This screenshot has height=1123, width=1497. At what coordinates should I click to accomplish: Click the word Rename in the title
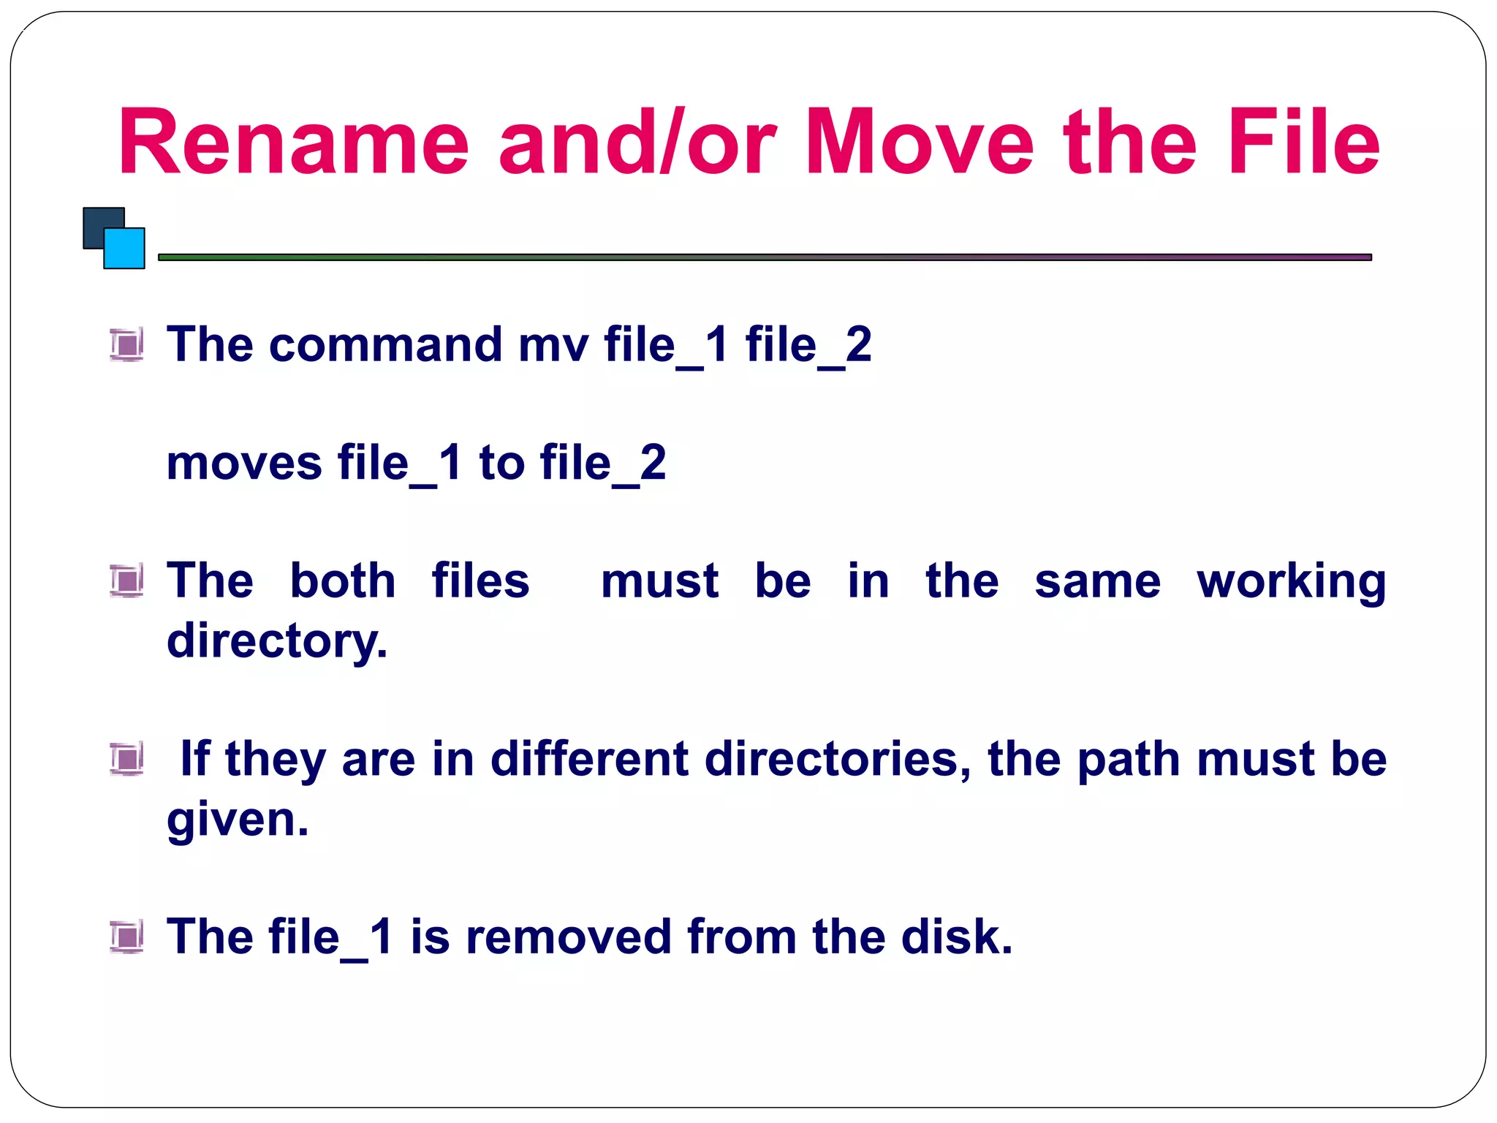click(x=292, y=143)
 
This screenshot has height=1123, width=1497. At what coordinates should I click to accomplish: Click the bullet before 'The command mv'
click(x=126, y=344)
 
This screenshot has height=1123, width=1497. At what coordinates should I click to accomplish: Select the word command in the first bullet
click(x=385, y=344)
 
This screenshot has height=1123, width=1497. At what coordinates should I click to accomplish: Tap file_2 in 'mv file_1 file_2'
click(x=808, y=346)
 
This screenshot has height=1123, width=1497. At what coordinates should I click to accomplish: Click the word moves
click(x=244, y=464)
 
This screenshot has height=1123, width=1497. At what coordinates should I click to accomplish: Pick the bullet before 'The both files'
click(x=126, y=581)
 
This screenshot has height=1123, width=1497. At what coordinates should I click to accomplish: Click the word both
click(x=342, y=581)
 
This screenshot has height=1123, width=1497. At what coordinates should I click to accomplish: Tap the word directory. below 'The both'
click(x=276, y=641)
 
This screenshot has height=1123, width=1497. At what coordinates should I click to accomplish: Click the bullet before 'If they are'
click(x=126, y=758)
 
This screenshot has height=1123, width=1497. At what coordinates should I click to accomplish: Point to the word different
click(x=589, y=758)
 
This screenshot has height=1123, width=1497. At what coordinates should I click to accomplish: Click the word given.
click(x=238, y=820)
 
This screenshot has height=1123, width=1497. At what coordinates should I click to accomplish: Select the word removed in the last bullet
click(x=568, y=937)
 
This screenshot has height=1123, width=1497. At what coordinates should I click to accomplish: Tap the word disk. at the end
click(x=957, y=937)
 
